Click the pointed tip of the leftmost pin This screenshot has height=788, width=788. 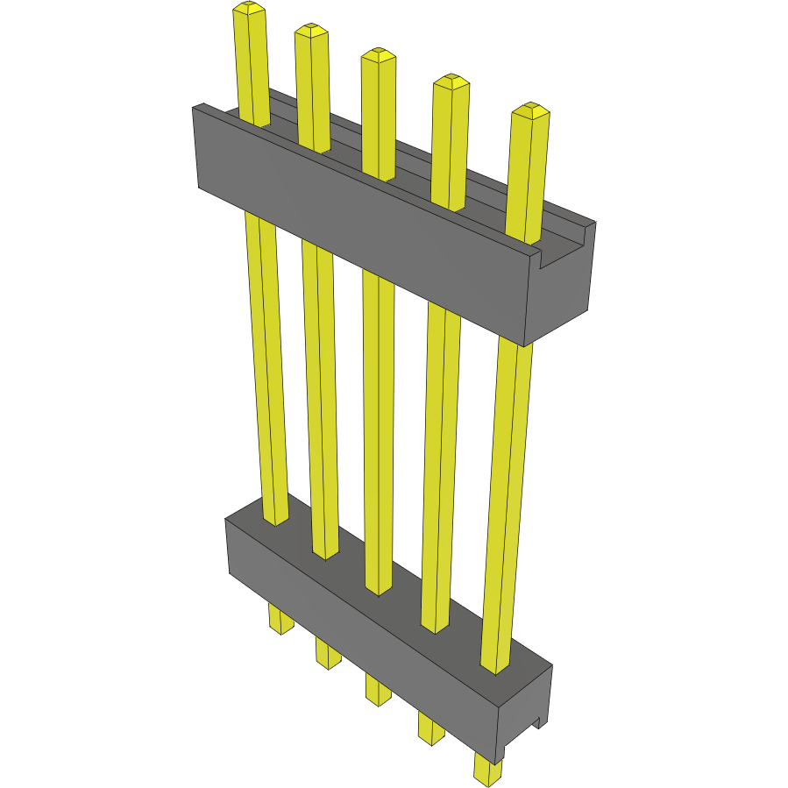click(x=249, y=9)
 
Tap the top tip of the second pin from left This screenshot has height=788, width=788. click(x=311, y=31)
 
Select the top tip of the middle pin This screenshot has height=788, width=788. click(x=378, y=54)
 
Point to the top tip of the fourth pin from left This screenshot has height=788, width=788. click(x=451, y=82)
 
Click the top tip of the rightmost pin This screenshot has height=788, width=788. click(x=529, y=110)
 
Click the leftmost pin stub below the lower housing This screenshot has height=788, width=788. click(x=280, y=619)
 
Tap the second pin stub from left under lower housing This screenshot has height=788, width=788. click(x=328, y=653)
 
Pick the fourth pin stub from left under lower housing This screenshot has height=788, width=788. click(x=430, y=728)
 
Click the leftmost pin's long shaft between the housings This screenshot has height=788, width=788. click(x=266, y=368)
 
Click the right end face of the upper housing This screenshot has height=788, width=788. click(x=561, y=289)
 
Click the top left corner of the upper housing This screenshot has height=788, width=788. click(x=195, y=108)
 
